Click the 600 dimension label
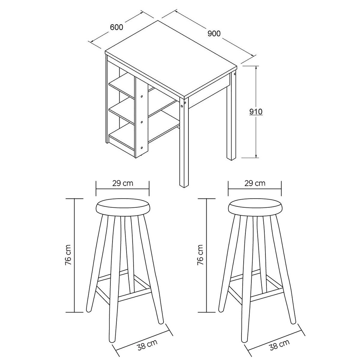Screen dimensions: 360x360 click(117, 27)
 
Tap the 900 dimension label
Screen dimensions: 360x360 click(214, 33)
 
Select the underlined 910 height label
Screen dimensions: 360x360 click(256, 112)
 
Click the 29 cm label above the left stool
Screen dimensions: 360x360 click(123, 183)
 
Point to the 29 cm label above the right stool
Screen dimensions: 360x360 click(255, 183)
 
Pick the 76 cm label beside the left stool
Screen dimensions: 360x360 click(69, 255)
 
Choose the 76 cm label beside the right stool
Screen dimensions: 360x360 click(200, 255)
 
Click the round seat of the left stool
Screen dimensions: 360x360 click(123, 207)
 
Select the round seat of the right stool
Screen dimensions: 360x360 click(255, 207)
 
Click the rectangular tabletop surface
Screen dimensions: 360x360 click(171, 59)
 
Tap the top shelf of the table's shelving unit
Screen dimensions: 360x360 click(122, 85)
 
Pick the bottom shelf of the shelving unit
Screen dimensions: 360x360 click(122, 137)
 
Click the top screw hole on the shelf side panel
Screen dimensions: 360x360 click(142, 96)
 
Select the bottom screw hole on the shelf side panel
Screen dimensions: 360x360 click(142, 148)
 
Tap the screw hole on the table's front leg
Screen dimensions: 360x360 click(182, 106)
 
